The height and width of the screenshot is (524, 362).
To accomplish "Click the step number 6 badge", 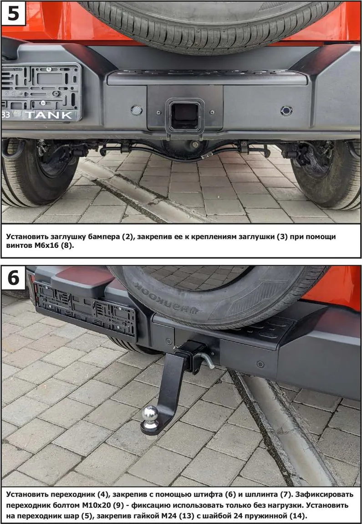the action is click(x=13, y=278).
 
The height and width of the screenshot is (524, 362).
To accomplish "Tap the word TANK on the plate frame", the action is click(x=49, y=115).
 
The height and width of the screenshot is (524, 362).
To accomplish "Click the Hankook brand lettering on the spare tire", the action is click(x=167, y=298).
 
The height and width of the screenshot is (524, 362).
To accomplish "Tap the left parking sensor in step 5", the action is click(x=136, y=110).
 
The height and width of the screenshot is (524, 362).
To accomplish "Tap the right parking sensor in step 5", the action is click(x=286, y=111).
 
